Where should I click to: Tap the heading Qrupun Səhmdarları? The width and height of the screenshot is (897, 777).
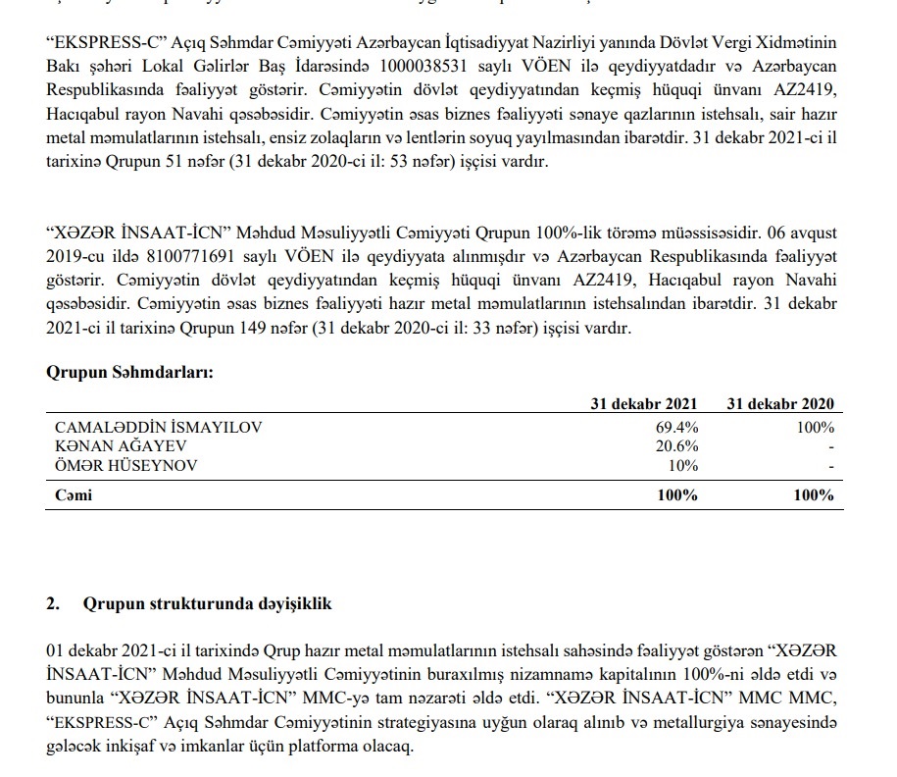130,372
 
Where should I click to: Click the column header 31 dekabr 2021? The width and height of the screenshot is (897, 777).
643,404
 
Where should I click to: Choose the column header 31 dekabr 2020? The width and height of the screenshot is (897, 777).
779,404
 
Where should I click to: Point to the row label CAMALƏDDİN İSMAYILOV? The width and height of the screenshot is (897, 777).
159,428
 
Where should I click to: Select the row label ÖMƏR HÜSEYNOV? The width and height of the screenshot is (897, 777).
126,465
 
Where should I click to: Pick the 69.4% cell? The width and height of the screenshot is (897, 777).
676,428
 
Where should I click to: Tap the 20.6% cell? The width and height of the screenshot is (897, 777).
676,446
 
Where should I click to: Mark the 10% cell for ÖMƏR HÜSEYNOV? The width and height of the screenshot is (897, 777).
682,465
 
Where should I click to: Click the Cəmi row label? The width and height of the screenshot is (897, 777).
74,495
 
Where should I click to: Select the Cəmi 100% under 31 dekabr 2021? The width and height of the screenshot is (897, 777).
676,495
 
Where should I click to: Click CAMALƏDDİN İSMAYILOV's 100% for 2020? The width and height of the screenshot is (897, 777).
814,428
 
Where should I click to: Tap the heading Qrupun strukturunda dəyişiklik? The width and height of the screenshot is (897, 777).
208,603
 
